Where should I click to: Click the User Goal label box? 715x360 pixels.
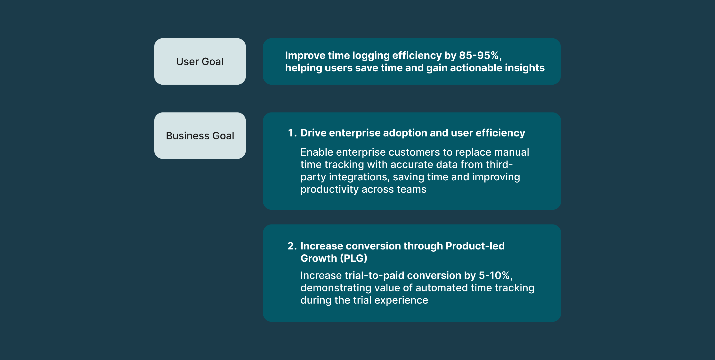coord(200,61)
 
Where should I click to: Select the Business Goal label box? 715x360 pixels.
coord(200,136)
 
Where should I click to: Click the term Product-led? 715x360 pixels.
coord(475,246)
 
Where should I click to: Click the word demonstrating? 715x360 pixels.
coord(336,288)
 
